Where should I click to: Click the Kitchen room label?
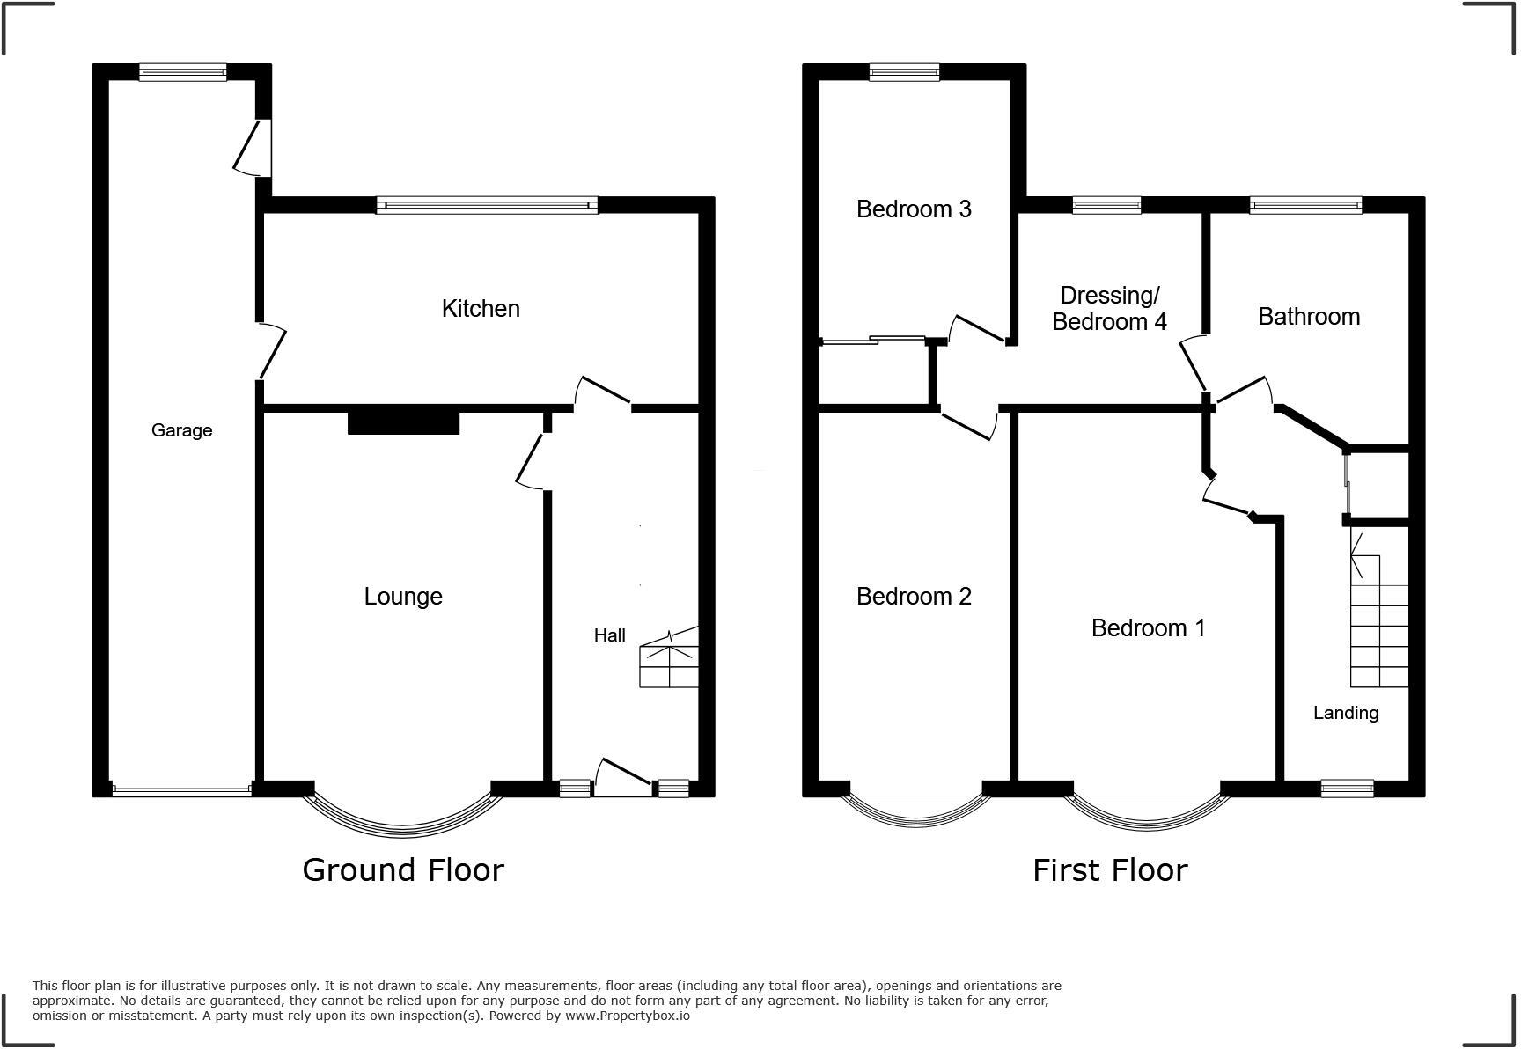click(x=481, y=309)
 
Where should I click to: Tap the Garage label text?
click(x=181, y=430)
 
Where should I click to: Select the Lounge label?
click(x=403, y=597)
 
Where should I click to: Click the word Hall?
click(x=609, y=635)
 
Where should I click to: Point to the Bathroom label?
click(x=1308, y=317)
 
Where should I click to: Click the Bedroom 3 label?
click(x=914, y=209)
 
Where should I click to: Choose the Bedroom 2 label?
click(x=914, y=597)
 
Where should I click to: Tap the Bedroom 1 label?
click(x=1148, y=628)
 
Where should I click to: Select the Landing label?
click(x=1345, y=714)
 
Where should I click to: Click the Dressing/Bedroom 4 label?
click(x=1109, y=309)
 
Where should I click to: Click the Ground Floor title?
click(x=403, y=870)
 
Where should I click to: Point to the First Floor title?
click(x=1109, y=870)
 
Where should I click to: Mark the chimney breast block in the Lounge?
click(x=403, y=422)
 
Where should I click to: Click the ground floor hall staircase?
click(x=669, y=660)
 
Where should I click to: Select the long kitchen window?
click(x=487, y=205)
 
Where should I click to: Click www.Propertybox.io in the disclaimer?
click(x=627, y=1016)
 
